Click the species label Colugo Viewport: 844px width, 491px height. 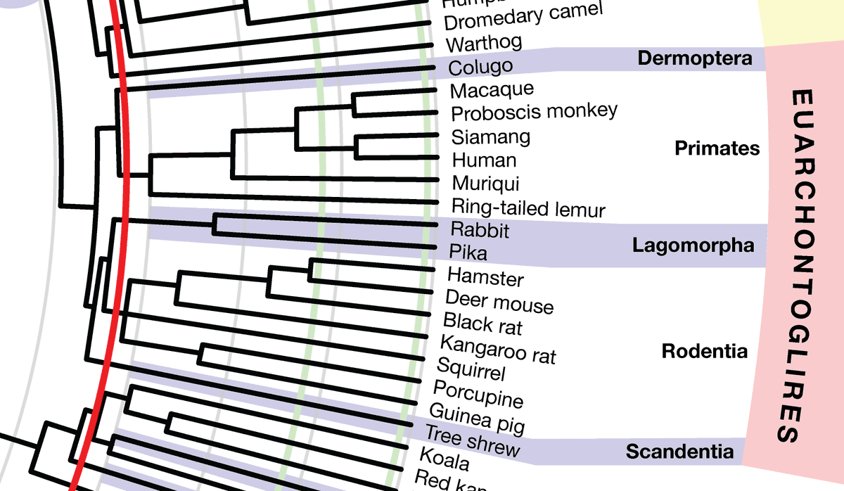click(480, 68)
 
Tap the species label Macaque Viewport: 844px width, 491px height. click(492, 90)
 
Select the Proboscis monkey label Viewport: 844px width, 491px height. click(534, 112)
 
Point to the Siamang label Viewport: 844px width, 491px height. click(491, 136)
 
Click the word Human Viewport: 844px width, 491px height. click(484, 160)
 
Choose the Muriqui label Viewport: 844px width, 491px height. click(485, 184)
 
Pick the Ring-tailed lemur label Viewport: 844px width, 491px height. click(528, 208)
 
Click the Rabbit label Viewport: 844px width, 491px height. click(480, 229)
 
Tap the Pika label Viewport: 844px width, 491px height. click(468, 251)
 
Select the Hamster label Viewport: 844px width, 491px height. click(485, 277)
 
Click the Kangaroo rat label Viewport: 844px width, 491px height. click(498, 350)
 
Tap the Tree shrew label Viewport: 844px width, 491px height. click(472, 441)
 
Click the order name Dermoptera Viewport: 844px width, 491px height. click(694, 58)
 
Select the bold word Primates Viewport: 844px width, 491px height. click(717, 148)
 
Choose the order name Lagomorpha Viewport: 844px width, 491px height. click(693, 245)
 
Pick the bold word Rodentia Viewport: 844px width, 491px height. click(705, 351)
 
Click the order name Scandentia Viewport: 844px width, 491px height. click(679, 451)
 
